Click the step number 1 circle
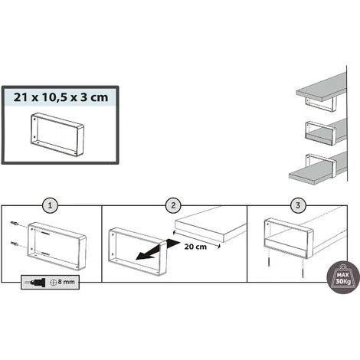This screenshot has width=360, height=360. pos(50,205)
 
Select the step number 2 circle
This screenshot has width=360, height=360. pos(173,205)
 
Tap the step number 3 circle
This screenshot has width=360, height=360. pos(298,205)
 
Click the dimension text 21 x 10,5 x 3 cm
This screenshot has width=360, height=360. pos(61,97)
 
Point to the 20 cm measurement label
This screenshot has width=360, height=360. pos(195,247)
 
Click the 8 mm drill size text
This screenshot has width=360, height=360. pos(66,282)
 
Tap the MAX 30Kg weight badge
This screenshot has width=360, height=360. pos(343,277)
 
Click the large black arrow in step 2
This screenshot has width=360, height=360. pos(158,250)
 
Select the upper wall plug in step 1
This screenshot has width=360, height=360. pos(15,224)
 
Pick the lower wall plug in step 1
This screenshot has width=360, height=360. pos(15,244)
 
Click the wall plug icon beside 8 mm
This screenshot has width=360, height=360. pos(35,282)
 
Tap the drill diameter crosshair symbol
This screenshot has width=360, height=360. pos(53,282)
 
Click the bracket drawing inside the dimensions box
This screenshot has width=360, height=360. pos(57,135)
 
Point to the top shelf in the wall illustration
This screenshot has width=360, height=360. pos(322,88)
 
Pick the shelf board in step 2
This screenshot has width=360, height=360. pos(211,224)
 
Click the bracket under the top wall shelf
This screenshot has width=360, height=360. pos(321,103)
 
